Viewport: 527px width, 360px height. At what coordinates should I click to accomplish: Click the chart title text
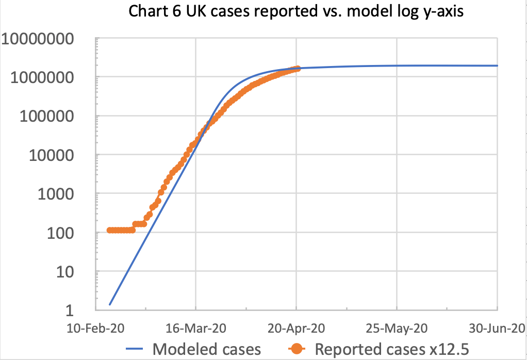coord(297,12)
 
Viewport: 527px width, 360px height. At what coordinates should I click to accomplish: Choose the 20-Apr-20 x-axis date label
coord(296,329)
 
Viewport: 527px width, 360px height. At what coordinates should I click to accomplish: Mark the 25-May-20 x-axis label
coord(396,329)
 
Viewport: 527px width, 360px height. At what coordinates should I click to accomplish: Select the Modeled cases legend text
coord(207,349)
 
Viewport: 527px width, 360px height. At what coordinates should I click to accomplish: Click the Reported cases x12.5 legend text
coord(392,349)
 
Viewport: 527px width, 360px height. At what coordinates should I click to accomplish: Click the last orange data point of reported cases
coord(297,69)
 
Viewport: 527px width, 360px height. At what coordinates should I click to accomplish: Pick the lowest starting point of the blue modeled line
coord(110,304)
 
